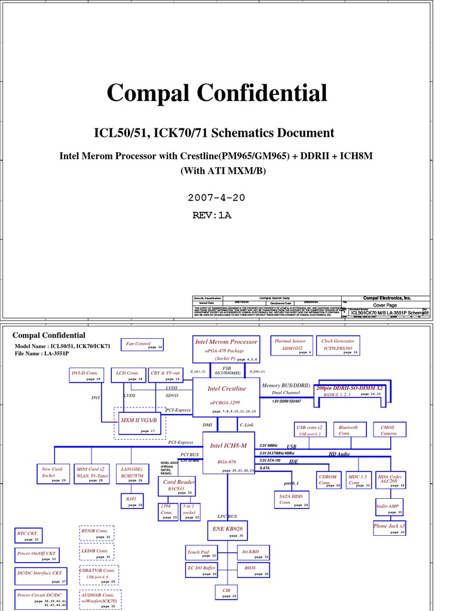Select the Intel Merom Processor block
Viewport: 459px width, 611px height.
pyautogui.click(x=226, y=349)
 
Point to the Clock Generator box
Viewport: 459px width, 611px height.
pyautogui.click(x=338, y=345)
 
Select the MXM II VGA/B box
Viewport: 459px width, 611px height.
pyautogui.click(x=139, y=424)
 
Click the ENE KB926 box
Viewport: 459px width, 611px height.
pyautogui.click(x=227, y=530)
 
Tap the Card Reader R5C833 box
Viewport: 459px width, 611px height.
pyautogui.click(x=178, y=486)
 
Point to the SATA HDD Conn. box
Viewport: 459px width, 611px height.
pyautogui.click(x=292, y=500)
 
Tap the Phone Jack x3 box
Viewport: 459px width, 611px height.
pyautogui.click(x=389, y=527)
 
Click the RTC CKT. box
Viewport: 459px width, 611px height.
pyautogui.click(x=29, y=535)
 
